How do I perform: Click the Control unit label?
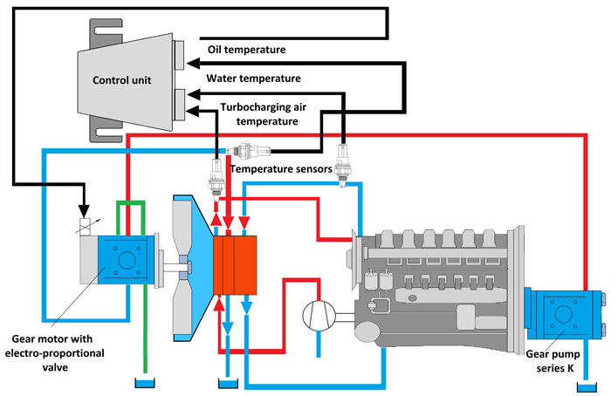(121, 80)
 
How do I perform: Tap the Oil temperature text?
(247, 50)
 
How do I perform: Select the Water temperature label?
(254, 79)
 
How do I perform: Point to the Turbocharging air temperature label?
(264, 114)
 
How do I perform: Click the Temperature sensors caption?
(281, 169)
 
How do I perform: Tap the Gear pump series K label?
(553, 361)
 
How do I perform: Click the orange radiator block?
(235, 265)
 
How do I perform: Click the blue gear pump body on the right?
(562, 313)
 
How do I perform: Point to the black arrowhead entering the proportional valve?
(84, 211)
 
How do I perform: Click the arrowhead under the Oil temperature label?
(194, 63)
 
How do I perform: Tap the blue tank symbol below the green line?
(145, 382)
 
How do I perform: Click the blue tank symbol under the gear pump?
(587, 387)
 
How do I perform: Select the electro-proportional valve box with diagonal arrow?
(85, 227)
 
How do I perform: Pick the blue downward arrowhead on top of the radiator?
(244, 222)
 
